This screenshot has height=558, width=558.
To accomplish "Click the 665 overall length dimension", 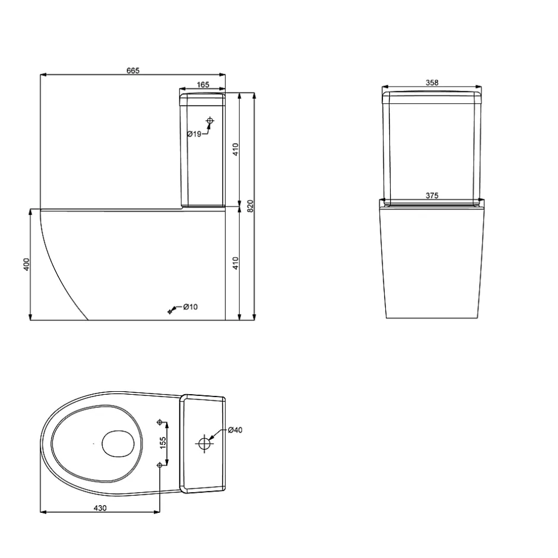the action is pyautogui.click(x=133, y=71).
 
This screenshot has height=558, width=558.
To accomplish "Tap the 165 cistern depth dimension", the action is pyautogui.click(x=203, y=85).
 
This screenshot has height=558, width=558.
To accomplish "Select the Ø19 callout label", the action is pyautogui.click(x=194, y=134).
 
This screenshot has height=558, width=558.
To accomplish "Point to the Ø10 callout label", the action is pyautogui.click(x=191, y=307).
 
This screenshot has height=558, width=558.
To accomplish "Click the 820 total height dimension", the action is pyautogui.click(x=250, y=207).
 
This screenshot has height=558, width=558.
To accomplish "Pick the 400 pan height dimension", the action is pyautogui.click(x=26, y=264).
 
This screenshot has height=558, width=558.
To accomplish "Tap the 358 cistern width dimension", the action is pyautogui.click(x=432, y=83).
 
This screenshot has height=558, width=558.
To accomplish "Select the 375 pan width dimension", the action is pyautogui.click(x=432, y=195).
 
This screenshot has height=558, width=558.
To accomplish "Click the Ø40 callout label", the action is pyautogui.click(x=235, y=430).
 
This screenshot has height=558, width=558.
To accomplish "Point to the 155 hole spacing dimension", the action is pyautogui.click(x=163, y=443).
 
